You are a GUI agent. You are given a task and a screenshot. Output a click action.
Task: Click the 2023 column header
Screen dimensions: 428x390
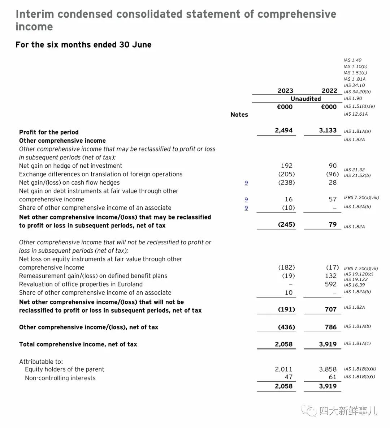coord(285,91)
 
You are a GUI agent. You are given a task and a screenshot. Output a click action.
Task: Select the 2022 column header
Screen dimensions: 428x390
coord(329,91)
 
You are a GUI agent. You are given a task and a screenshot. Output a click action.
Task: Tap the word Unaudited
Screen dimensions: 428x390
coord(305,99)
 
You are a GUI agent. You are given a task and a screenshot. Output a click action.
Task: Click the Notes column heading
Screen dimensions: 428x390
coord(239,115)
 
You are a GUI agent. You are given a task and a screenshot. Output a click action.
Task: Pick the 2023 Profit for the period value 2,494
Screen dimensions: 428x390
coord(283,130)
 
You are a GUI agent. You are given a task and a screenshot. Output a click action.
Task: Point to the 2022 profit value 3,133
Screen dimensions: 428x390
coord(328,130)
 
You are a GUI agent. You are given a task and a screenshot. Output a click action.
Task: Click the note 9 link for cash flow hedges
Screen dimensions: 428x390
coord(246,183)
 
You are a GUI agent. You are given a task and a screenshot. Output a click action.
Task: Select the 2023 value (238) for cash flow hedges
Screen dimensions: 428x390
coord(286,183)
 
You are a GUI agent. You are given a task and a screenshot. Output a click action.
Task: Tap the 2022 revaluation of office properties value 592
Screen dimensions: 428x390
coord(330,284)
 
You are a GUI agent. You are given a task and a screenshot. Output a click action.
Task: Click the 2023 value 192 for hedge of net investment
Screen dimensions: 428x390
coord(286,166)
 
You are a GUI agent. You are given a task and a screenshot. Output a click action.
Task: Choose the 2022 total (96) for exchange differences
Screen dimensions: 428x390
coord(332,174)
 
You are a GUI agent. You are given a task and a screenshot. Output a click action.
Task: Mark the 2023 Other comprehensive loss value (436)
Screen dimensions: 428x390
coord(286,327)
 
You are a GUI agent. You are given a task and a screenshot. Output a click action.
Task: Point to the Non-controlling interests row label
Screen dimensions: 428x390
coord(60,378)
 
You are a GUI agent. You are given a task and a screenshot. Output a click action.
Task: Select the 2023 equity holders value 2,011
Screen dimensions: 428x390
coord(283,369)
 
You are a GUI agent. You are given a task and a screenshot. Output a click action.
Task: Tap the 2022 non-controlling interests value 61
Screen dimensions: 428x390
coord(333,377)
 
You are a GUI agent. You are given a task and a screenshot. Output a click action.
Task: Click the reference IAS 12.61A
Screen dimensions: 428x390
coord(356,114)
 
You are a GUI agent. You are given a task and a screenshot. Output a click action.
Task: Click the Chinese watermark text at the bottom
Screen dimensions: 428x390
coord(348,411)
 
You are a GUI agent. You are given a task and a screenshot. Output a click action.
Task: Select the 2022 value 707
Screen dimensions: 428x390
coord(330,309)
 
